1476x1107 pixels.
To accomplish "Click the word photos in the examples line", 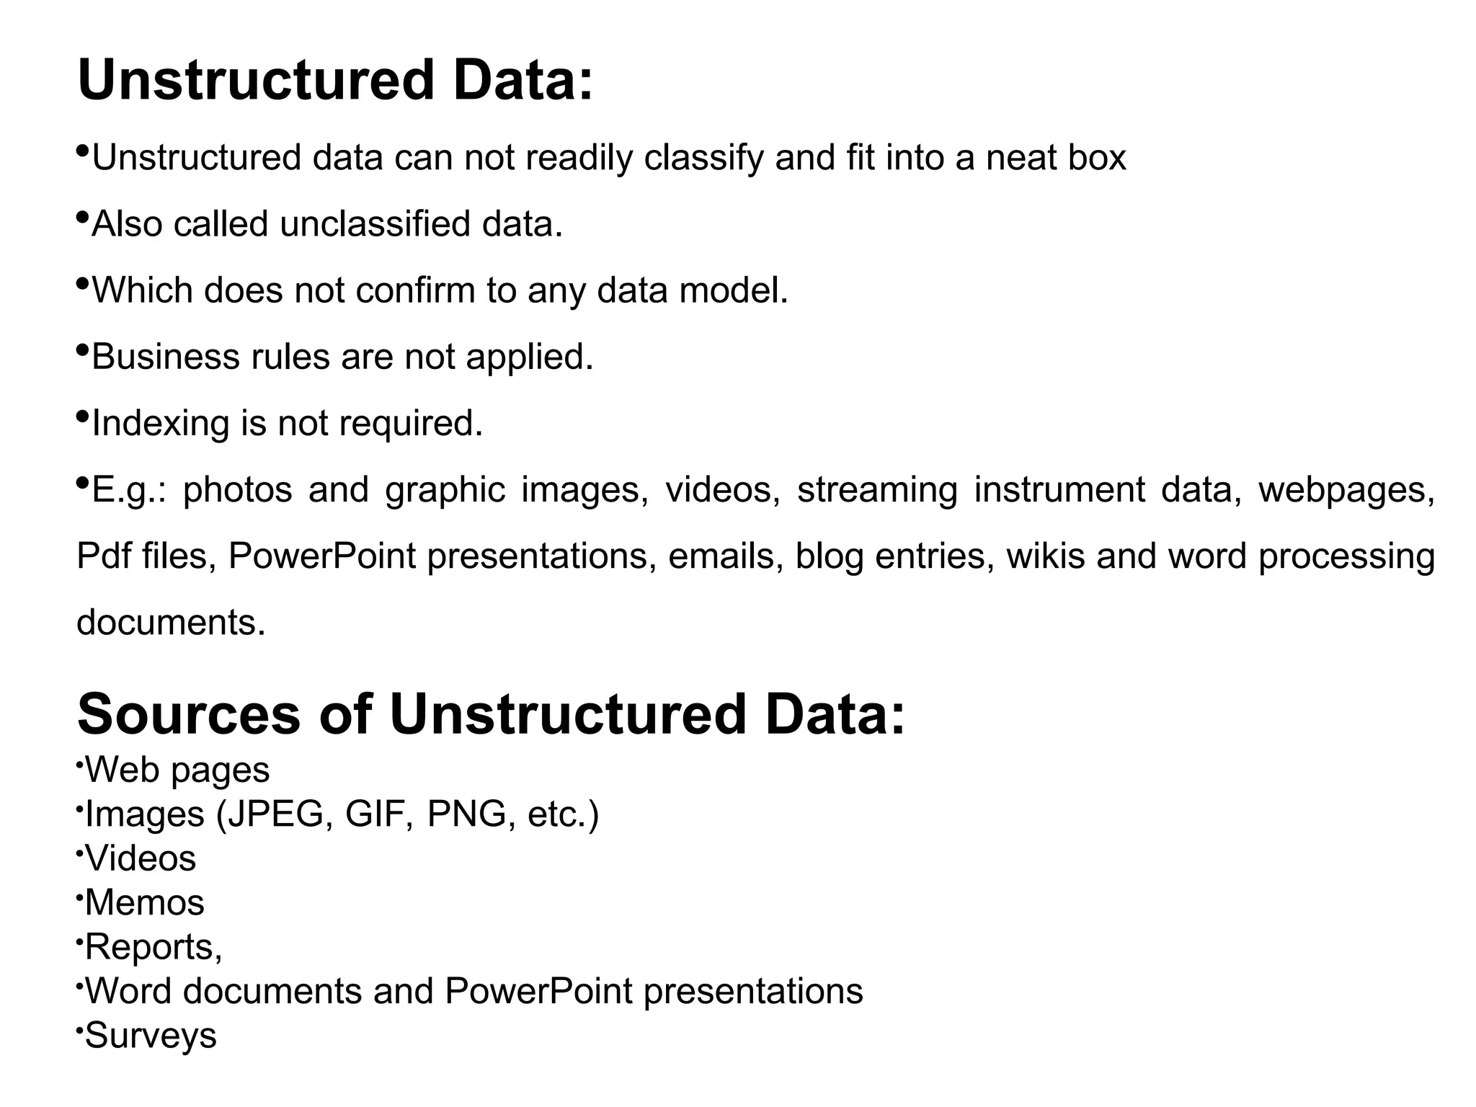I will coord(238,490).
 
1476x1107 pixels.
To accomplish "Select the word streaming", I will coord(876,490).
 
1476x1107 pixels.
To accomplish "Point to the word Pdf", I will coord(104,556).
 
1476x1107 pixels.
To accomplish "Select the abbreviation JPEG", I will coord(275,814).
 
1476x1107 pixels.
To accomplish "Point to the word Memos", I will coord(145,902).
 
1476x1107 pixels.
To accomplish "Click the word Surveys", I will coord(151,1036).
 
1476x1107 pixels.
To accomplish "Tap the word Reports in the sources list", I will coord(151,947).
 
